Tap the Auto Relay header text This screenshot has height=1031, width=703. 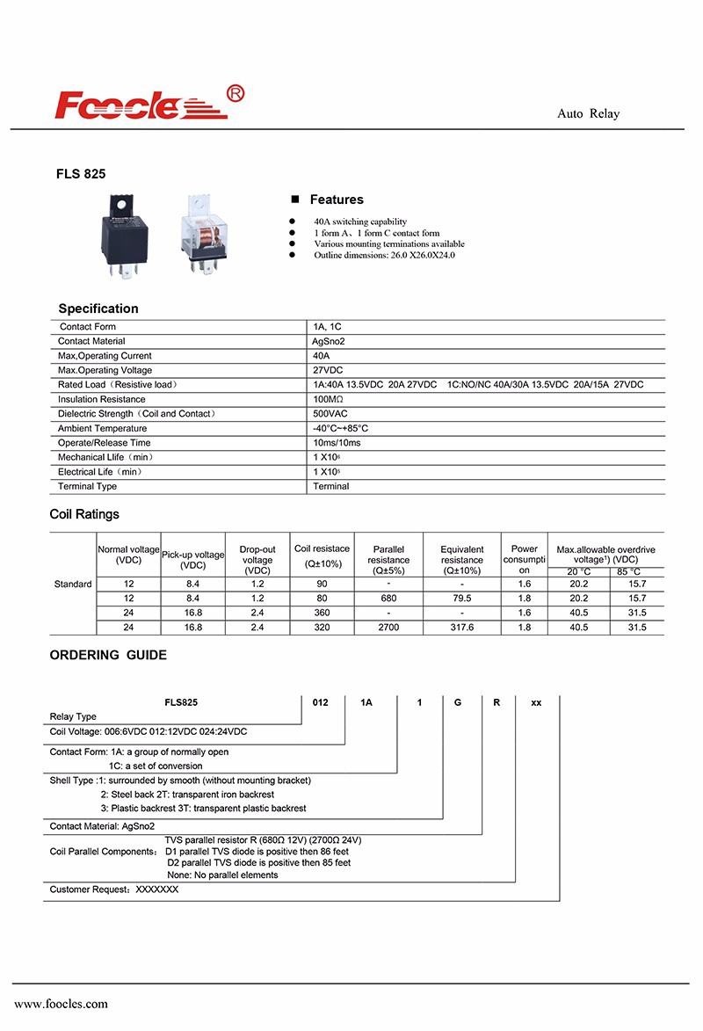click(x=588, y=114)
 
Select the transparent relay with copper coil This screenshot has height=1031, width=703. click(x=206, y=234)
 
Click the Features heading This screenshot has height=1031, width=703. click(x=336, y=200)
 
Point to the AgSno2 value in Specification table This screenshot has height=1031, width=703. click(x=330, y=341)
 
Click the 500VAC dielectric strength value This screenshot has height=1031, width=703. click(x=330, y=413)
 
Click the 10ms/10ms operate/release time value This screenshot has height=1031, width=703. click(x=337, y=443)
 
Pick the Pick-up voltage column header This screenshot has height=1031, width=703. click(x=193, y=560)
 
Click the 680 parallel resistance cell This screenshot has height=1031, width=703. click(x=388, y=598)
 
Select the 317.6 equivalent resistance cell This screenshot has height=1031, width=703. click(x=461, y=628)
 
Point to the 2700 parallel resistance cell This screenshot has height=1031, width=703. click(x=388, y=628)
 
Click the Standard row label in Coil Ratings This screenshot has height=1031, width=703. click(x=73, y=584)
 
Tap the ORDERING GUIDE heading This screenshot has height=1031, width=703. click(x=108, y=655)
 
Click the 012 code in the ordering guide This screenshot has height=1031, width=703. click(x=321, y=703)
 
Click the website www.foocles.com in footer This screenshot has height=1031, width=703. click(x=61, y=1004)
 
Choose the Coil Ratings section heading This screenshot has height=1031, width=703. click(x=84, y=514)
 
